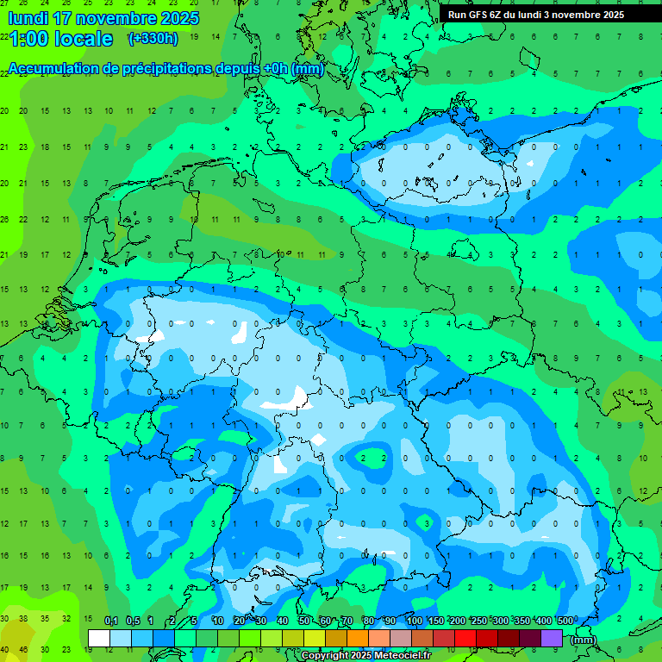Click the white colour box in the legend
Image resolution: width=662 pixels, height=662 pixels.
click(99, 638)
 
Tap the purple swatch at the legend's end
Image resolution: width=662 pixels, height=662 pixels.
click(552, 638)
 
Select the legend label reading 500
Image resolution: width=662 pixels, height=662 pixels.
click(565, 621)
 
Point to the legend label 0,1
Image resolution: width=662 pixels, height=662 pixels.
click(111, 621)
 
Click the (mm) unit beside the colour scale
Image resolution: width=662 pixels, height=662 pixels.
click(584, 640)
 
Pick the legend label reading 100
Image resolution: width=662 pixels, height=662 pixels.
click(415, 621)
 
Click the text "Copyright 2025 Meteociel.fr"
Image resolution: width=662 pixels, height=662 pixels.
click(365, 656)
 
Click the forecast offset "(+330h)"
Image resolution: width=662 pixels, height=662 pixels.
click(153, 38)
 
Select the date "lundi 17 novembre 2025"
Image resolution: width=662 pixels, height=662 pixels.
click(103, 18)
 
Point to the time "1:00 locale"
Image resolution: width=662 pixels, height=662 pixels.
click(61, 39)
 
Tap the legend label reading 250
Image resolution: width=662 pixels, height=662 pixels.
click(479, 621)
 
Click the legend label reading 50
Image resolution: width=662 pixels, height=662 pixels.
click(304, 621)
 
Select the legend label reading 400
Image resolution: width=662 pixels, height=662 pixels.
click(544, 621)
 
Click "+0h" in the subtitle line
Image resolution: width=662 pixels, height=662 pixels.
click(275, 69)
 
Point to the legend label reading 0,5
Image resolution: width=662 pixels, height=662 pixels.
click(133, 621)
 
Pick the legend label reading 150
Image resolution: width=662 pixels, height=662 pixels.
click(436, 621)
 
